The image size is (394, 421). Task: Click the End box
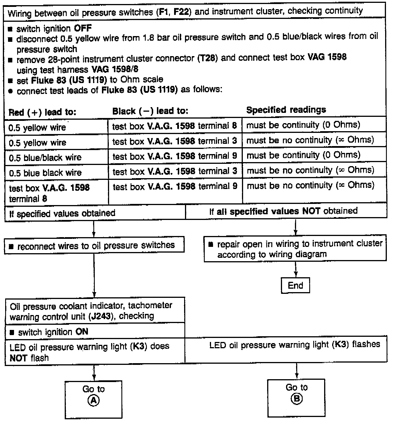click(295, 285)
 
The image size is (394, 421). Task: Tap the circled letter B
click(296, 399)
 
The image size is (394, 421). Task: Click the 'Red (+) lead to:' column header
click(42, 112)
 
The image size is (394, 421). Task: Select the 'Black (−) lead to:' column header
click(150, 111)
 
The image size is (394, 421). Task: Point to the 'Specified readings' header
click(286, 110)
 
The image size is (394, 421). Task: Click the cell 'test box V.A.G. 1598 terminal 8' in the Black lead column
click(174, 126)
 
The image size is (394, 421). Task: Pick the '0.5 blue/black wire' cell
click(45, 158)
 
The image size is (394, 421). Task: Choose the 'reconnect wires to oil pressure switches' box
click(94, 245)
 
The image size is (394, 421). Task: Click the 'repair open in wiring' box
click(295, 249)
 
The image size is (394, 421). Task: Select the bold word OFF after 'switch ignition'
click(83, 28)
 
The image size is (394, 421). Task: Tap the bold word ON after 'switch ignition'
click(82, 332)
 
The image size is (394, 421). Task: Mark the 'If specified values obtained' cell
click(62, 213)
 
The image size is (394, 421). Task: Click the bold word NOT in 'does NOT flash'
click(18, 358)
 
